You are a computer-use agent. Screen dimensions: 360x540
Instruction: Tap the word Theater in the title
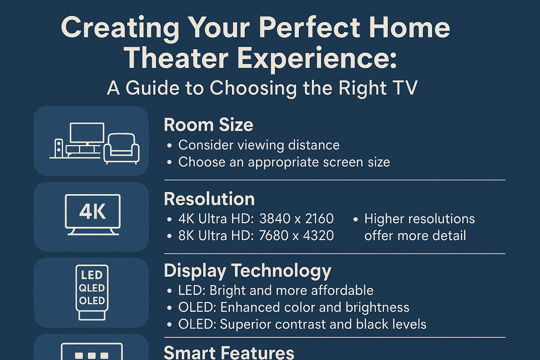[x=176, y=58]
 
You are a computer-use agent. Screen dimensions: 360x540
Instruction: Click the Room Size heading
[x=208, y=125]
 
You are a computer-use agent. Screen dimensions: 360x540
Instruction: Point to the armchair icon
[x=122, y=149]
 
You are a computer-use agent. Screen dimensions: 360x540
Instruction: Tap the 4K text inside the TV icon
[x=93, y=212]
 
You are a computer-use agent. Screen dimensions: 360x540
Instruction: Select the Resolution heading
[x=209, y=199]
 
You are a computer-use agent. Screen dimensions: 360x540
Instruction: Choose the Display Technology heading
[x=247, y=271]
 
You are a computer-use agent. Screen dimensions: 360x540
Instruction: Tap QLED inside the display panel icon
[x=92, y=288]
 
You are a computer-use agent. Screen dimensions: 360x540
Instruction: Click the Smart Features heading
[x=229, y=352]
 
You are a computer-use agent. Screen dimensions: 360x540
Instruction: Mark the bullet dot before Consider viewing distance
[x=169, y=146]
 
